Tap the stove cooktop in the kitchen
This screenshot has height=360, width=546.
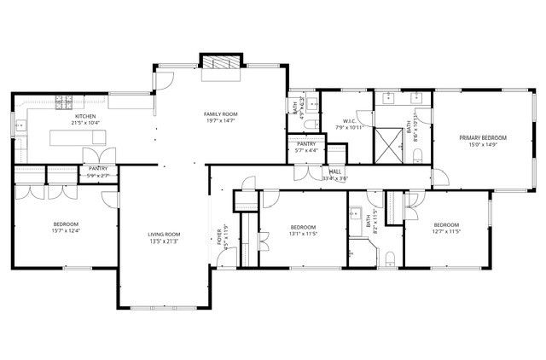tap(64, 104)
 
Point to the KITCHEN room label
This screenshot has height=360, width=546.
tap(84, 116)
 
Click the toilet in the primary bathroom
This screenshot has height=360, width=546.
tap(419, 154)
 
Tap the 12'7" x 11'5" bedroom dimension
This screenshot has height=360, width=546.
tap(447, 230)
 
